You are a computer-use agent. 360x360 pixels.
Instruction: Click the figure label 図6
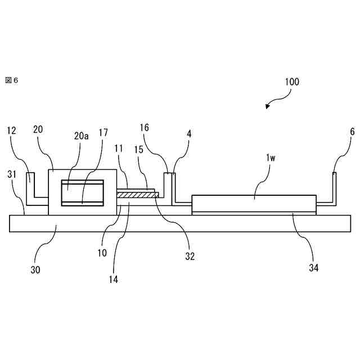(x=12, y=80)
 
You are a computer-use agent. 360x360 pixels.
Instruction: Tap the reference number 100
(x=292, y=81)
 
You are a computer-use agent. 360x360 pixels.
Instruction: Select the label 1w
(x=271, y=158)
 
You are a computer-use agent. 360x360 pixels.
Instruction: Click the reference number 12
(x=12, y=130)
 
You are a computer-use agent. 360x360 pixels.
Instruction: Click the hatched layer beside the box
(x=138, y=195)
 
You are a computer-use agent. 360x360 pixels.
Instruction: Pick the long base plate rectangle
(x=180, y=223)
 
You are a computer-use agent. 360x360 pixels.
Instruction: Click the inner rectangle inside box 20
(x=83, y=193)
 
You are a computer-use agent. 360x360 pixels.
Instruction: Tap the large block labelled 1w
(x=254, y=203)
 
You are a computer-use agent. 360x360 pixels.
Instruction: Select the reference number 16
(x=145, y=128)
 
